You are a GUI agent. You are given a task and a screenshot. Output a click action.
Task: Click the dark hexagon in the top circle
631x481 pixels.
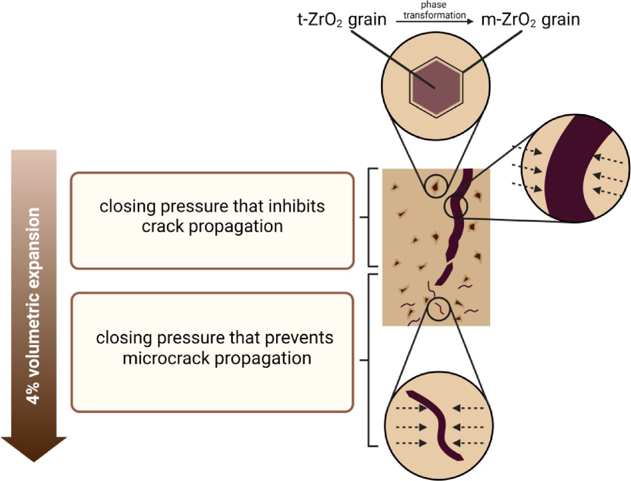click(435, 86)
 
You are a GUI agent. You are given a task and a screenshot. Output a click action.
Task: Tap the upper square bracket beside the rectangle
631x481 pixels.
click(370, 218)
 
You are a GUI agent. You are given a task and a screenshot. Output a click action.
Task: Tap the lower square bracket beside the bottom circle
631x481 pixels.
click(370, 360)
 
